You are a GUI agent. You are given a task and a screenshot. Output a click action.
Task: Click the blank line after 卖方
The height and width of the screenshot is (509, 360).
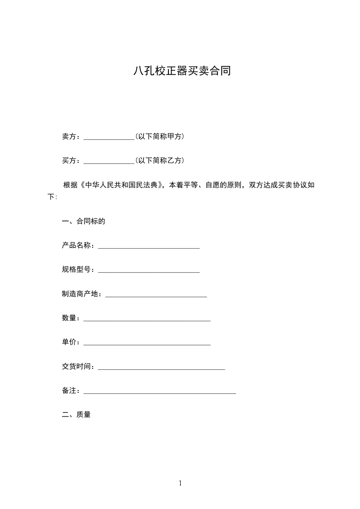point(109,137)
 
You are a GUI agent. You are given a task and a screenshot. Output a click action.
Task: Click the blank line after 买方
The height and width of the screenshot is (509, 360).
point(109,162)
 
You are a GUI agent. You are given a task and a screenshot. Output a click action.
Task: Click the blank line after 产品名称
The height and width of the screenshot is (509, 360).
point(149,247)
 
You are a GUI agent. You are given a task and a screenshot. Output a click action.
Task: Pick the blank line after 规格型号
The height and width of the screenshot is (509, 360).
point(149,271)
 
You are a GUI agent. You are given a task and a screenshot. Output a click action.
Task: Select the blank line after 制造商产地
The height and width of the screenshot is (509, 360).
point(156,296)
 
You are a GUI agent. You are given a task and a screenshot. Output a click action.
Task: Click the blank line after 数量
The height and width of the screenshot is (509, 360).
point(147,320)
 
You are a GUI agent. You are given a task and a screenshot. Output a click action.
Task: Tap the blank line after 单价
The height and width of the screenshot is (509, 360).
point(147,344)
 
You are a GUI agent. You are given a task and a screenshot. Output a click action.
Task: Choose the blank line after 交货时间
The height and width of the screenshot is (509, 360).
point(162,368)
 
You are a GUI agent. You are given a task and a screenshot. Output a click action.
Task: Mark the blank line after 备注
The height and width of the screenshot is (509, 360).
point(160,392)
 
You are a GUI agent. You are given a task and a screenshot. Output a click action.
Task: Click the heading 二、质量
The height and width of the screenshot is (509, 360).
point(76,414)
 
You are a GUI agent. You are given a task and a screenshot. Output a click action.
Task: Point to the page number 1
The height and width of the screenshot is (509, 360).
point(180,483)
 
